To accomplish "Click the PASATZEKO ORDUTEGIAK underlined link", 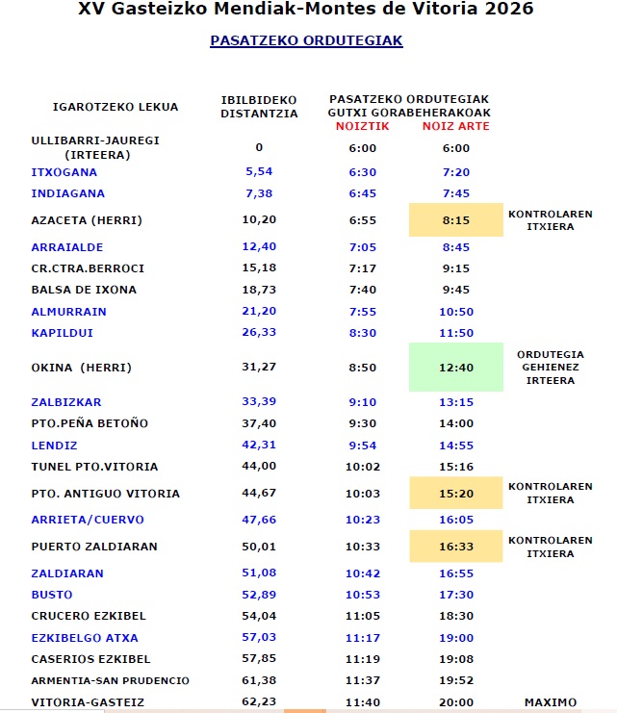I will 306,41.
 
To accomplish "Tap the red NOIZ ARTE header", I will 455,127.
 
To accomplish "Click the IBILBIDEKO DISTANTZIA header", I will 259,106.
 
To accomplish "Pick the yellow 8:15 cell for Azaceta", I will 455,220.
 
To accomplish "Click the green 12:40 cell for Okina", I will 455,368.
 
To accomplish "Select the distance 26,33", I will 259,333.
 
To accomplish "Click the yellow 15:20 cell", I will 455,494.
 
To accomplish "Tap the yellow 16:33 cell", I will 455,547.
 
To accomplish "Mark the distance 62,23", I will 259,702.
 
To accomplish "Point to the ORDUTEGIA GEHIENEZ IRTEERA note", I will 550,368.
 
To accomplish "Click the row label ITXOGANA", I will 64,172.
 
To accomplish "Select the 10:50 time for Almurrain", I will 455,312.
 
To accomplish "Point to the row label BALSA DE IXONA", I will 84,290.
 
